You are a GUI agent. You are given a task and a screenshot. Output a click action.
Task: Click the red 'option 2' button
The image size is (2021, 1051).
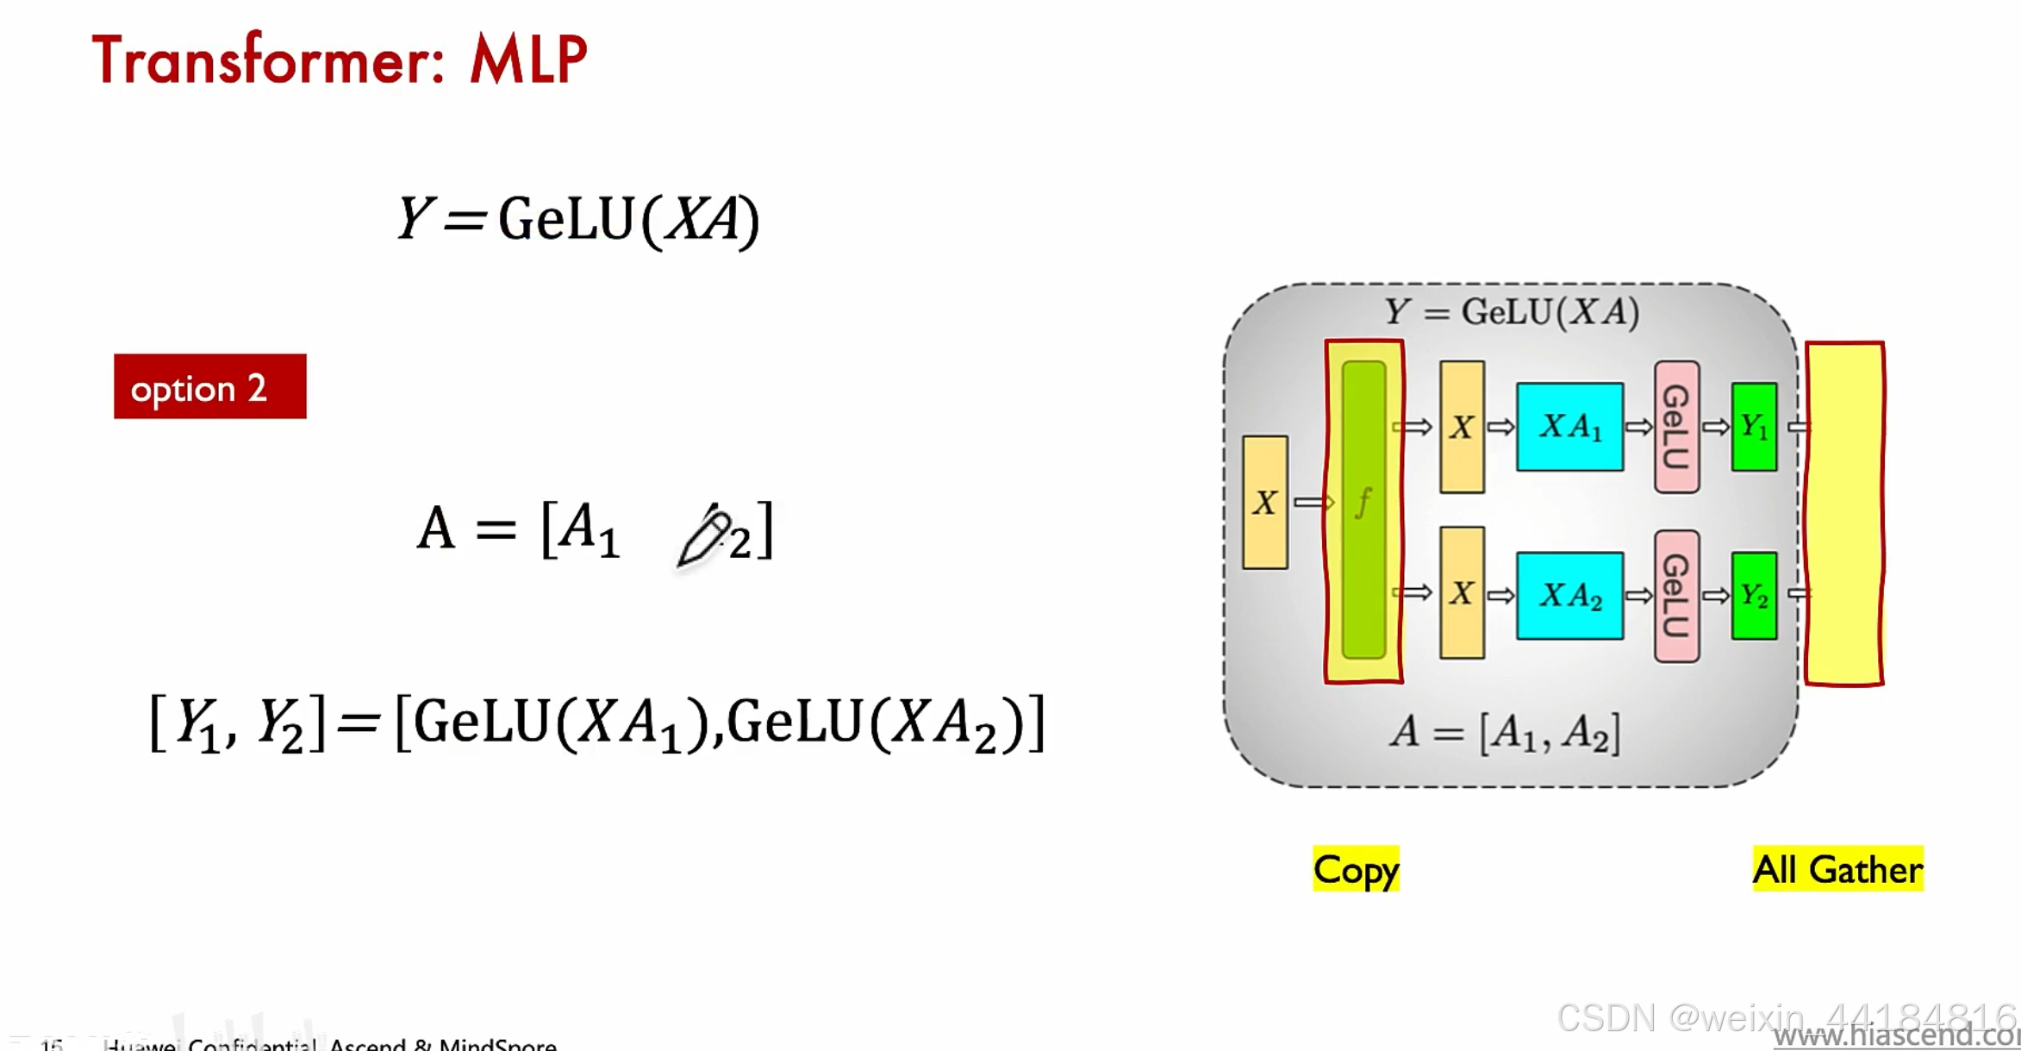(x=209, y=387)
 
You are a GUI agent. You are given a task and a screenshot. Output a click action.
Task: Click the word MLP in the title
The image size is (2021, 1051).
(x=527, y=60)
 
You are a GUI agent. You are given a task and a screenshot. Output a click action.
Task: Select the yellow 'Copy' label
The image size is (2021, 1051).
(x=1356, y=869)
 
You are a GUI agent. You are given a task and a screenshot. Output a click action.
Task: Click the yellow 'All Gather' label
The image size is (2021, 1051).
(x=1837, y=869)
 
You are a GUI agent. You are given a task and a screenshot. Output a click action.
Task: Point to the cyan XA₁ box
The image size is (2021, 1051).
(x=1569, y=427)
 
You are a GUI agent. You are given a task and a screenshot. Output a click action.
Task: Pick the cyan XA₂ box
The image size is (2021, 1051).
(x=1569, y=596)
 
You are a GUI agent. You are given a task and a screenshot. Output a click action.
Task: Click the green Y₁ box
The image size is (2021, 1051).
(x=1754, y=427)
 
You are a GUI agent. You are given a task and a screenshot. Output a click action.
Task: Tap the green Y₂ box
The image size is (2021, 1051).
(x=1754, y=596)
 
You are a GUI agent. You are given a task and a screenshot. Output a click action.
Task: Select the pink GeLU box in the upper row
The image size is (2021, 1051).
(x=1676, y=427)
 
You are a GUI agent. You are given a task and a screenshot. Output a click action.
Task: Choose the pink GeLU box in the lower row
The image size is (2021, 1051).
(x=1676, y=596)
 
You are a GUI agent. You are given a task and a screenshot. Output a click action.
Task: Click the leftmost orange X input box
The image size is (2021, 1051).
(x=1264, y=503)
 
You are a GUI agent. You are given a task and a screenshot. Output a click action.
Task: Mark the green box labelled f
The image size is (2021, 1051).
(x=1363, y=509)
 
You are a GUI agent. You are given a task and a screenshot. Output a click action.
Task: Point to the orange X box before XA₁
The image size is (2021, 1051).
(x=1462, y=427)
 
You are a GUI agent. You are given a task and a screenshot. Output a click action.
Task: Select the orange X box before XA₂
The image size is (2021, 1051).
(x=1462, y=593)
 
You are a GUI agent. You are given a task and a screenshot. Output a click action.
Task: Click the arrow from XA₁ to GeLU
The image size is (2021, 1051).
(x=1638, y=427)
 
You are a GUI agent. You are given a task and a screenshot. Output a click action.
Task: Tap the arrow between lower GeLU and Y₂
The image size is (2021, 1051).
(x=1716, y=596)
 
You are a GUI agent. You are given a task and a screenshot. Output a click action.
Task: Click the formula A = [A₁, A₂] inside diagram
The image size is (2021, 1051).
(x=1505, y=733)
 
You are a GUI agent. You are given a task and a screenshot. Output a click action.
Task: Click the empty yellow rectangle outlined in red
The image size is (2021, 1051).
(x=1844, y=514)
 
